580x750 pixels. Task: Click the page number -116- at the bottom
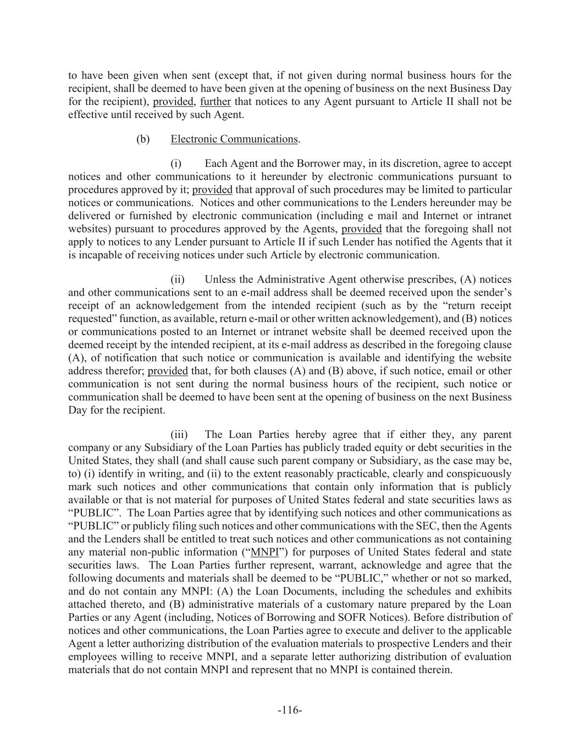[x=290, y=710]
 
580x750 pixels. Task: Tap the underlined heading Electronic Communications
[x=234, y=139]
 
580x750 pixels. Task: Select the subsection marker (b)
[x=143, y=139]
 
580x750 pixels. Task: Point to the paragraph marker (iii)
[x=179, y=435]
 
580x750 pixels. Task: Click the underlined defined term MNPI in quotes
[x=264, y=552]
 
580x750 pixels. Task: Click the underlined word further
[x=215, y=102]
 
